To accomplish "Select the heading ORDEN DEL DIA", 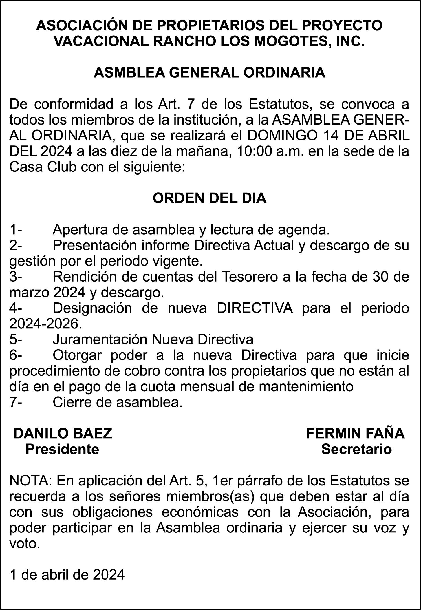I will [209, 198].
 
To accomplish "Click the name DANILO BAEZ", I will [63, 434].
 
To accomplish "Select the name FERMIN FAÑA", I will [355, 434].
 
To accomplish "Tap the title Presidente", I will [62, 449].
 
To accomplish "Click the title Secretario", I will [356, 449].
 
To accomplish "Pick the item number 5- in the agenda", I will [15, 339].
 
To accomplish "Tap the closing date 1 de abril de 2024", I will [67, 575].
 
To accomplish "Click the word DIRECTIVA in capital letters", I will [255, 308].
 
